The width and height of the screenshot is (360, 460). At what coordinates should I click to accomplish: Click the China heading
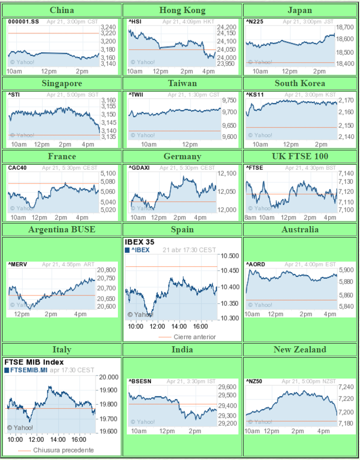coord(62,10)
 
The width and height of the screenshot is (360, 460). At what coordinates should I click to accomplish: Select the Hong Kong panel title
coord(182,10)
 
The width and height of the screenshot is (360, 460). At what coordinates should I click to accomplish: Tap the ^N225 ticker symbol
coord(254,21)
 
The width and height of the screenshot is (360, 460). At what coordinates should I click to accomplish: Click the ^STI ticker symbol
coord(14,95)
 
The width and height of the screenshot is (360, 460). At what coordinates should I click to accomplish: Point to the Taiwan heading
coord(182,83)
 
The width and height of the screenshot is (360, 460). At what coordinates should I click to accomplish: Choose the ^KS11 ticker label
coord(255,95)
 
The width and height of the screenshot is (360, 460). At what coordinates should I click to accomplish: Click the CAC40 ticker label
coord(17,168)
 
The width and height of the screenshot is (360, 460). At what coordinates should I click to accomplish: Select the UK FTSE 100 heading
coord(300,156)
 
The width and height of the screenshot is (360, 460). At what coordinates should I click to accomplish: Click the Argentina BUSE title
coord(62,229)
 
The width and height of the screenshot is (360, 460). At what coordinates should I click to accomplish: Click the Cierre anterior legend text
coord(195,337)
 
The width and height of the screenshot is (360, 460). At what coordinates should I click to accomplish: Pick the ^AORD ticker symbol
coord(256,264)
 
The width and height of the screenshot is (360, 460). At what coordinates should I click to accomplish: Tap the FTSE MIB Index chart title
coord(34,362)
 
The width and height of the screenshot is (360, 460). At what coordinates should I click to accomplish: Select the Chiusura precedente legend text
coord(64,450)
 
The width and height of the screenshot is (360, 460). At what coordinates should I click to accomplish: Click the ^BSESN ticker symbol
coord(140,381)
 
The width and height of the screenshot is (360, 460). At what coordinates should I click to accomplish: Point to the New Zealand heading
coord(300,349)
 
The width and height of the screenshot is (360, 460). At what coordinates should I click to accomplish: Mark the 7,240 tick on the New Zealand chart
coord(345,387)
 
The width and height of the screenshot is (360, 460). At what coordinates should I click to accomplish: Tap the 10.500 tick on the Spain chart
coord(229,256)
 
